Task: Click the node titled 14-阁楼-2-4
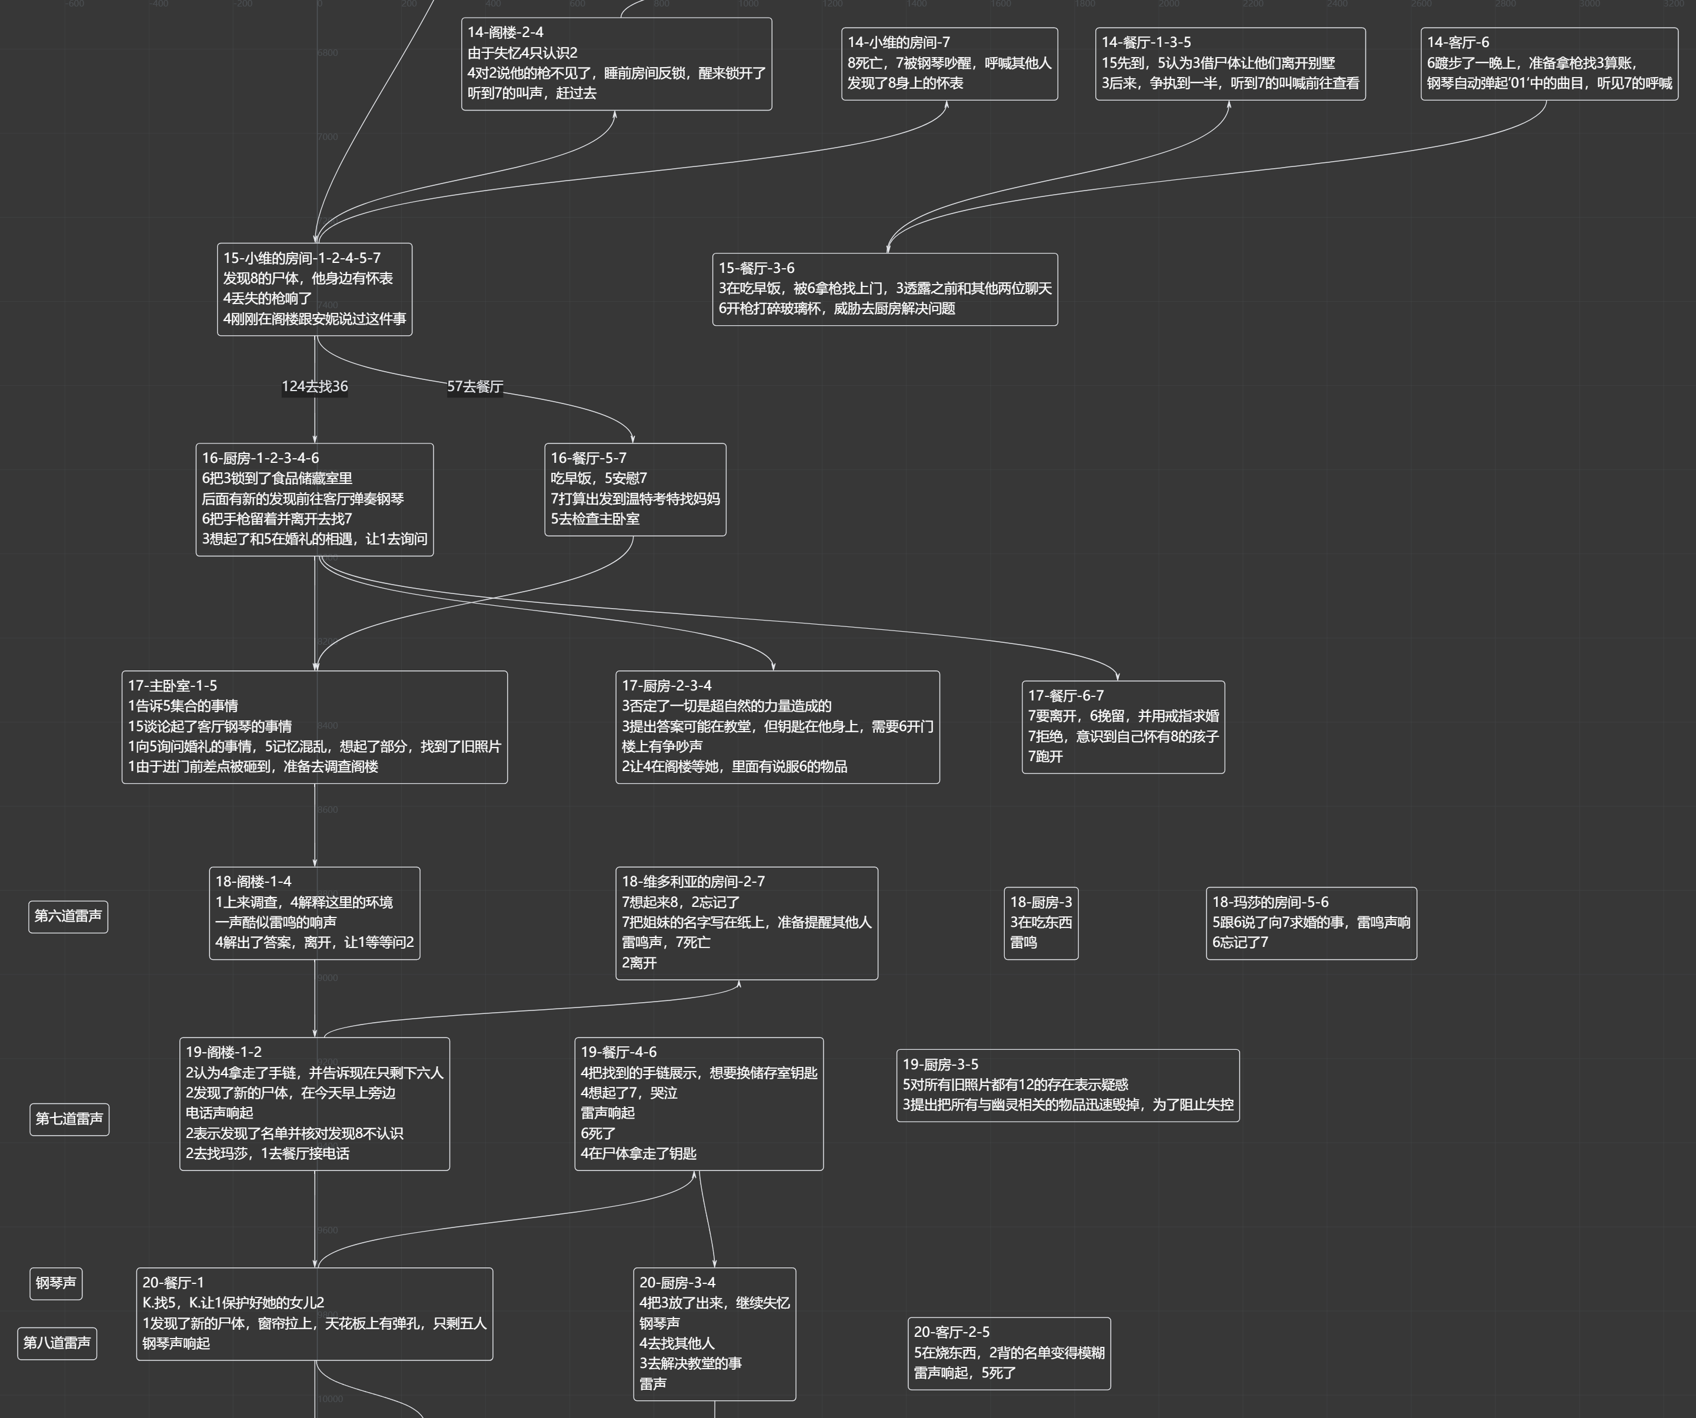click(616, 64)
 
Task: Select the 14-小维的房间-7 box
click(949, 64)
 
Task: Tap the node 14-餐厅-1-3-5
click(1230, 64)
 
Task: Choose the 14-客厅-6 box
click(1549, 64)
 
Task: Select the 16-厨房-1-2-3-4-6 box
click(314, 499)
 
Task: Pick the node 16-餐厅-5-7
click(635, 489)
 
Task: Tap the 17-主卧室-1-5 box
click(314, 727)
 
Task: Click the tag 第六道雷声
click(68, 916)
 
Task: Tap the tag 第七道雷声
click(69, 1119)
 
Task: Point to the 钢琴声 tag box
click(56, 1283)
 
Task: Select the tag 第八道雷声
click(56, 1343)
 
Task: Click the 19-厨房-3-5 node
click(1068, 1085)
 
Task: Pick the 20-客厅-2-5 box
click(1009, 1353)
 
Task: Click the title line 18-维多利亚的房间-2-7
click(693, 882)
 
